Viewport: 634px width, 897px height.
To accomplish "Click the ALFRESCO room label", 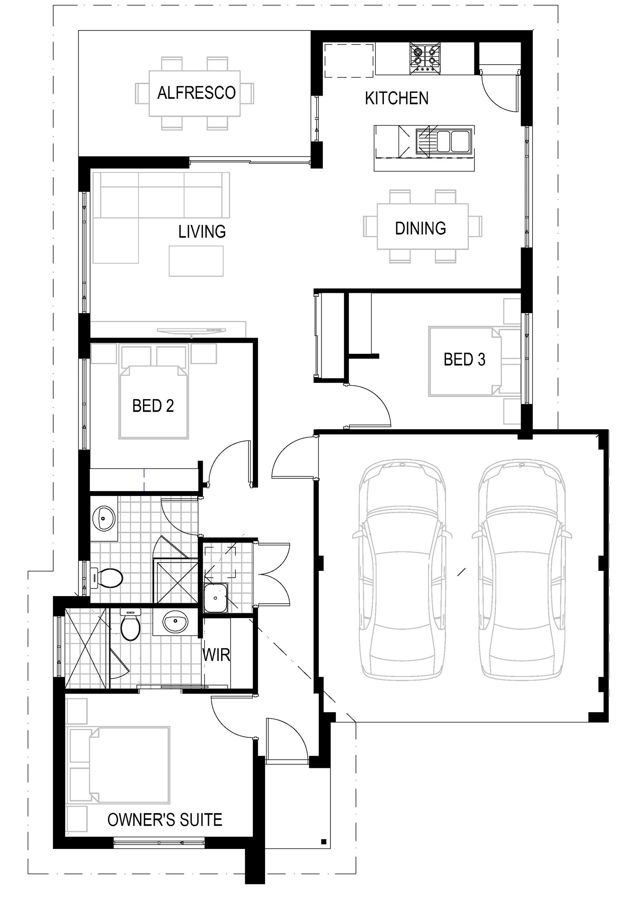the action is coord(196,93).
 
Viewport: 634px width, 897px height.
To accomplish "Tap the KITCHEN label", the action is coord(396,98).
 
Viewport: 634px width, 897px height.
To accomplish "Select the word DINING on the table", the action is coord(421,228).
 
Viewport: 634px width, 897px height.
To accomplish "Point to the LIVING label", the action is coord(202,231).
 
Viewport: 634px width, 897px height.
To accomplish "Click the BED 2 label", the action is coord(153,406).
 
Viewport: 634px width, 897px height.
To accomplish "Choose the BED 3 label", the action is coord(465,359).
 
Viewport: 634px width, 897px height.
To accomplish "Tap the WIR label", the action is coord(216,655).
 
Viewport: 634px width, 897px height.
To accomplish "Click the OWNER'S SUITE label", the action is coord(165,820).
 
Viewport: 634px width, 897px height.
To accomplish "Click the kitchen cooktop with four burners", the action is coord(425,58).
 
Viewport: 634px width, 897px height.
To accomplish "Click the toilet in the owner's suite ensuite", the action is coord(130,624).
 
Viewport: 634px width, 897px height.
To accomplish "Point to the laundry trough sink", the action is coord(216,598).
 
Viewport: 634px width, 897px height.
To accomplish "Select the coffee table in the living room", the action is coord(196,261).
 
